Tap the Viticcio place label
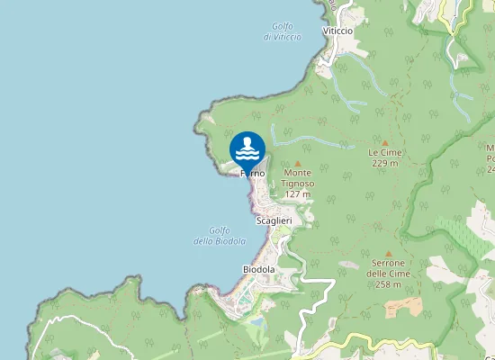pos(337,31)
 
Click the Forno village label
pos(252,173)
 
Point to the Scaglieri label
pos(274,220)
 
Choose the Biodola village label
pos(258,269)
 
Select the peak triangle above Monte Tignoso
pos(297,164)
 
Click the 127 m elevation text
pos(297,194)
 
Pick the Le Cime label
pos(384,153)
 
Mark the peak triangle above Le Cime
pos(384,142)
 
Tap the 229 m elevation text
pos(384,163)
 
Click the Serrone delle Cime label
pos(388,268)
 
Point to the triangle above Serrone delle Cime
pos(388,253)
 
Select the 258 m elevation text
pos(388,284)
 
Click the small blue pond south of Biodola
pos(258,320)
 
